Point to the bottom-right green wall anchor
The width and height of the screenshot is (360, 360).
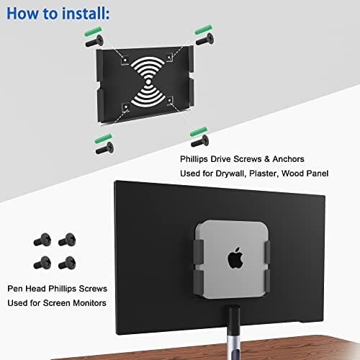tap(199, 132)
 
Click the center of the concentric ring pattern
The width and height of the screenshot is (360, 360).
tap(147, 81)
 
